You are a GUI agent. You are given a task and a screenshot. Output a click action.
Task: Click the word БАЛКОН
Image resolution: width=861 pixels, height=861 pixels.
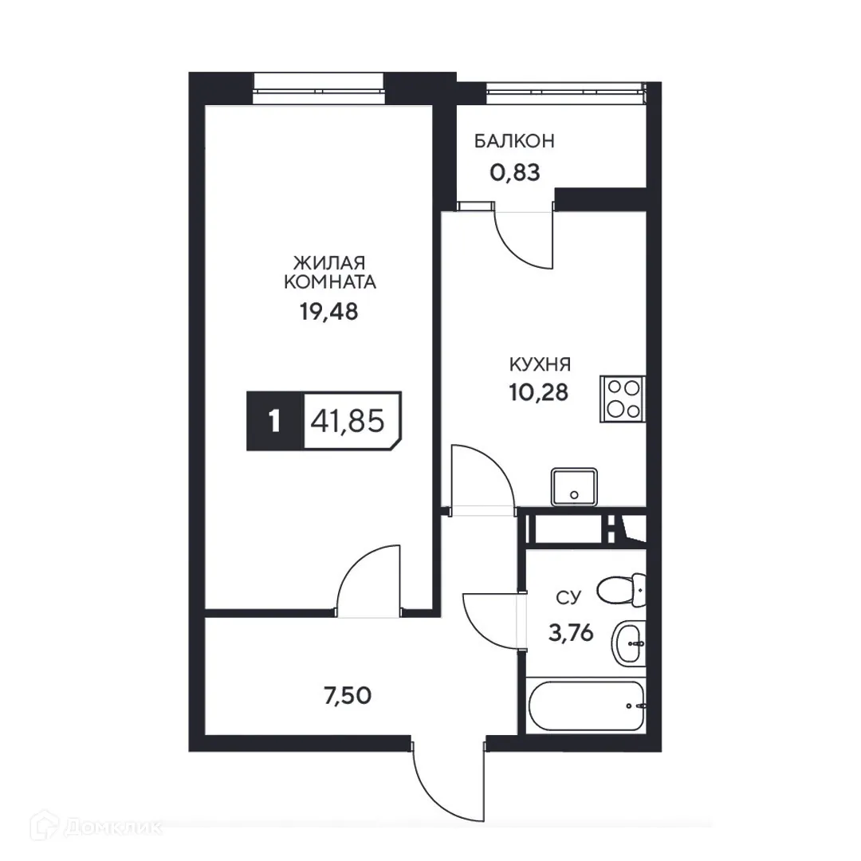(514, 142)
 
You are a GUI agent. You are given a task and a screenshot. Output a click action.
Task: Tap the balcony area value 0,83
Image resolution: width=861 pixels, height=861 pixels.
(514, 171)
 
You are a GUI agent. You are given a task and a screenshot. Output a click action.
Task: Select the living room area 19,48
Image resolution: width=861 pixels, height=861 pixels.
(329, 311)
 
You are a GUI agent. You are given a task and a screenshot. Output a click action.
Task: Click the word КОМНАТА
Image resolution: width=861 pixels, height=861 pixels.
(329, 281)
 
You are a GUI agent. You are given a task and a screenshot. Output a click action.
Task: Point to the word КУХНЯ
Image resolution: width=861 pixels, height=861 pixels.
(541, 365)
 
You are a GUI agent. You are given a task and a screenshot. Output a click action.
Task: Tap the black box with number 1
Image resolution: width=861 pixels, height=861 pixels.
(274, 421)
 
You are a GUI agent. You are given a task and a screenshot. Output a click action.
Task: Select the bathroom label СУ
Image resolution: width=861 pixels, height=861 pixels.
(568, 596)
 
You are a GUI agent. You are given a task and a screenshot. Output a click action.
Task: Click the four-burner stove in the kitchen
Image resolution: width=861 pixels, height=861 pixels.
(623, 399)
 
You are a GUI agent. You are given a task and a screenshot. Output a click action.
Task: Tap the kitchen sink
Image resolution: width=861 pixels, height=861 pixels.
(574, 486)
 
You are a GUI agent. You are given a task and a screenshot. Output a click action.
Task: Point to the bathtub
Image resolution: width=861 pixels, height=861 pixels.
(586, 706)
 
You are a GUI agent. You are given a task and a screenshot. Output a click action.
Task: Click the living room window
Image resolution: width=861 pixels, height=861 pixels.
(318, 84)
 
